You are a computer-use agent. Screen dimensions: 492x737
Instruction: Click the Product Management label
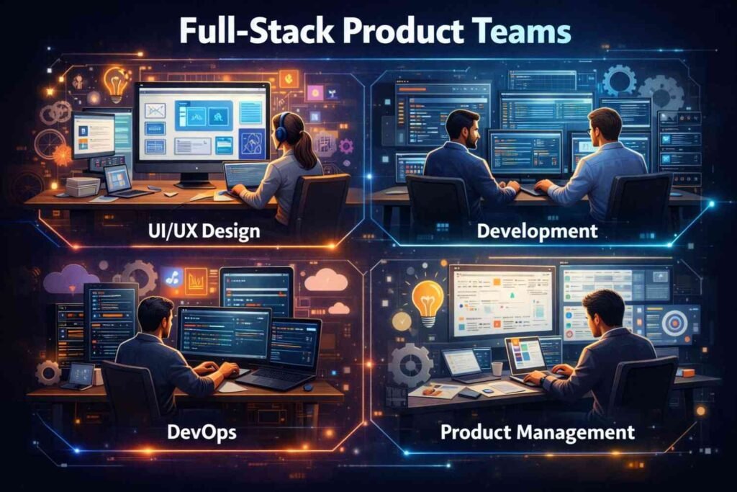pos(537,432)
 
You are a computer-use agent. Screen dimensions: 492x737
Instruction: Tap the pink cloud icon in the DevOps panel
pos(326,279)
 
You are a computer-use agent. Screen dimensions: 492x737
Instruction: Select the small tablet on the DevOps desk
pos(77,375)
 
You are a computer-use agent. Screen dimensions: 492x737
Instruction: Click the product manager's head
pos(603,310)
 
